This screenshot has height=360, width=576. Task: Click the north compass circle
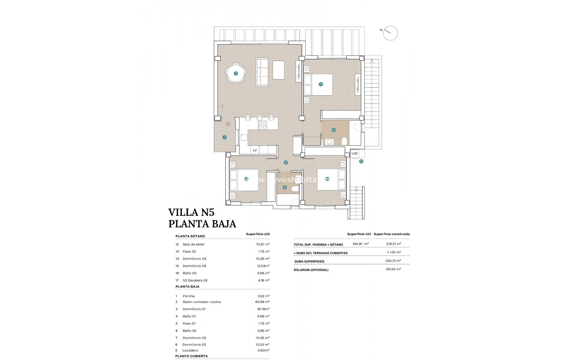click(x=390, y=33)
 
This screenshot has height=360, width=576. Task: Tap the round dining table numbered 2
click(x=235, y=73)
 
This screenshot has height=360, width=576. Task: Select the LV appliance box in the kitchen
click(x=255, y=150)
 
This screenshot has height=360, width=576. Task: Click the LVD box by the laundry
click(x=354, y=153)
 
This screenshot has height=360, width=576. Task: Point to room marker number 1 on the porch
click(x=224, y=137)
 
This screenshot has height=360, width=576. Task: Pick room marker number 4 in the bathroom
click(x=334, y=130)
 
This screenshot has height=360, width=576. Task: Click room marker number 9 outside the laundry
click(x=361, y=161)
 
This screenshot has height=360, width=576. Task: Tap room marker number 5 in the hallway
click(x=286, y=163)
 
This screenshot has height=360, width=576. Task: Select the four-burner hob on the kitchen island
click(x=262, y=125)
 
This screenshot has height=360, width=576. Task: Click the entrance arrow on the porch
click(x=228, y=124)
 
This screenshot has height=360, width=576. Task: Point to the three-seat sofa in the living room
click(x=262, y=72)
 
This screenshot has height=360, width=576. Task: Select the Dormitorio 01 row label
click(x=194, y=309)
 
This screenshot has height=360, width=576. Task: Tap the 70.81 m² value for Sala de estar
click(x=262, y=244)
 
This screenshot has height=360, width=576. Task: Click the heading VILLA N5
click(x=191, y=212)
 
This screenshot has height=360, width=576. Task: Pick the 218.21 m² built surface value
click(x=394, y=244)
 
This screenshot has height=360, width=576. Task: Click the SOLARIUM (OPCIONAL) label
click(x=311, y=270)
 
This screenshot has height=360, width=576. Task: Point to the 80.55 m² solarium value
click(x=394, y=269)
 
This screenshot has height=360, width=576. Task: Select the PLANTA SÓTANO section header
click(x=190, y=236)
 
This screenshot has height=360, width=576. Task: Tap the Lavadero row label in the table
click(x=190, y=350)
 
